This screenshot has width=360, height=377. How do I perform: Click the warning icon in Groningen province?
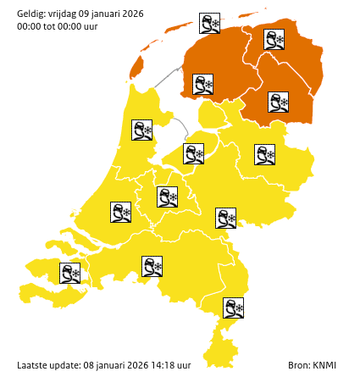(274, 39)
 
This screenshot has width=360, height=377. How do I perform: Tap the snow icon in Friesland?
(202, 85)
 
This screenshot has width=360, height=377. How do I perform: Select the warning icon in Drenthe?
(278, 103)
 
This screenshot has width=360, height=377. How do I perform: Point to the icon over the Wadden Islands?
(210, 23)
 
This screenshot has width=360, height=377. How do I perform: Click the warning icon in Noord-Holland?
(141, 130)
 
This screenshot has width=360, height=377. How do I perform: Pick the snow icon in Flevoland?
(194, 153)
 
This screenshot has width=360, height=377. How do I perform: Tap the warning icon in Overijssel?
(265, 154)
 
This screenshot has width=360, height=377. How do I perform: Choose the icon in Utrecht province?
(167, 197)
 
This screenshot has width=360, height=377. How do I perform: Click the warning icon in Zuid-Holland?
(121, 211)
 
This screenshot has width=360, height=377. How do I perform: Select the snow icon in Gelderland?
(225, 218)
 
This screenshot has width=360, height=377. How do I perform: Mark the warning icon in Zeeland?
(69, 273)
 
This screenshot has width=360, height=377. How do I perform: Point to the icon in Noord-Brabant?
(152, 267)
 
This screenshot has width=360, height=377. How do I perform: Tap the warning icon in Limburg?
(234, 308)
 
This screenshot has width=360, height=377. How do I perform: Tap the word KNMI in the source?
(325, 365)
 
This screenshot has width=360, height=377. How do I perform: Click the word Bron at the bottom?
(298, 365)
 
